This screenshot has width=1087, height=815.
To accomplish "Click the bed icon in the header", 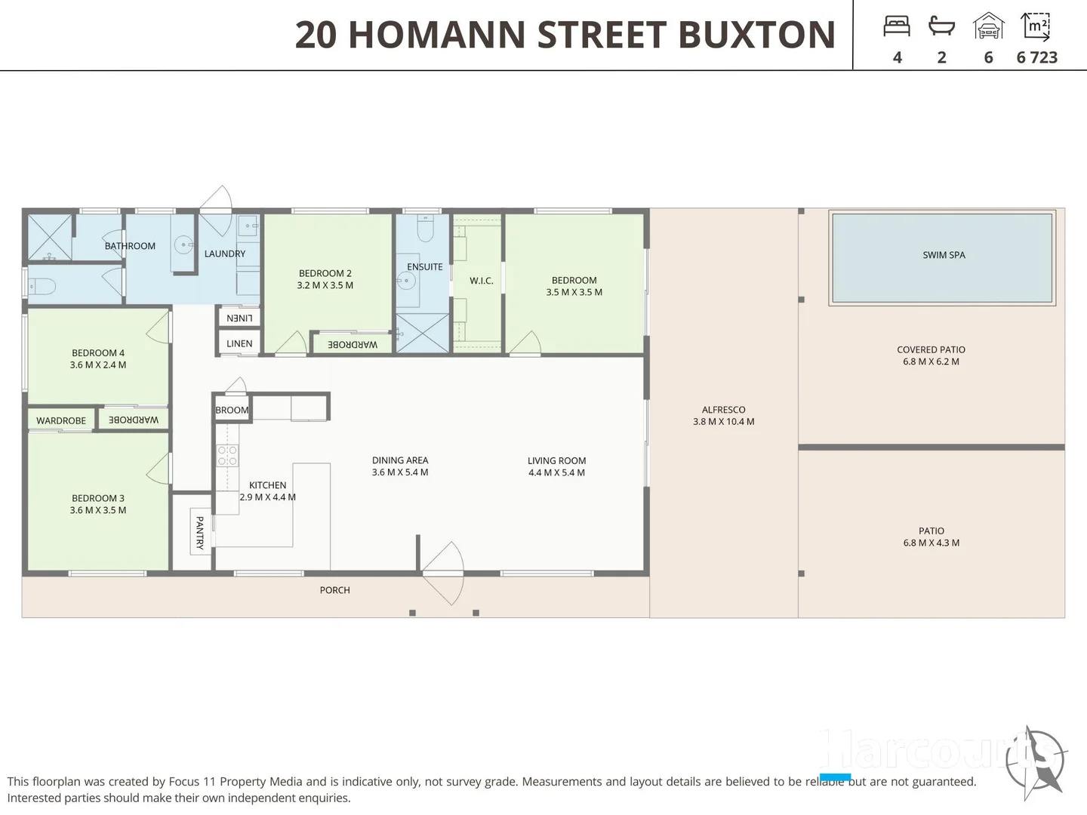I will coord(896,27).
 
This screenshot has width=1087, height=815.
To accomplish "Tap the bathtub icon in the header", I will coord(941,27).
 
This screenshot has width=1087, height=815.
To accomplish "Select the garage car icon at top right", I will coord(988,26).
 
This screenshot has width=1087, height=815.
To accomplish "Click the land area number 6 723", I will coord(1036,57).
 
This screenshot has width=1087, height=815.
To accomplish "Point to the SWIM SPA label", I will coord(944,255).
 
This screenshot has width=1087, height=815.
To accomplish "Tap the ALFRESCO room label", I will coord(723,410).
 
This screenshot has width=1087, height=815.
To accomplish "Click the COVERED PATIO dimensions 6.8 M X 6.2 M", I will coord(931,361).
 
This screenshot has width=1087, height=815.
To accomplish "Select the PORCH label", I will coord(334,590).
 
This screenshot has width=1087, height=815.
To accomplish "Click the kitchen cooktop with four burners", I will coord(228,456).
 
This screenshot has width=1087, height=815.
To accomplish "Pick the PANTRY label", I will coord(200,532).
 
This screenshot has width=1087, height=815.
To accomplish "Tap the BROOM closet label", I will coord(232,410).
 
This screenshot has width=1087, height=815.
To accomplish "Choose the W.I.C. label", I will coord(481,281).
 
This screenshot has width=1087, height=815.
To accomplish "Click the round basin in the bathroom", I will coord(183,244).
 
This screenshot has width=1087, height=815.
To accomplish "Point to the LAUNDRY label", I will coord(224,254).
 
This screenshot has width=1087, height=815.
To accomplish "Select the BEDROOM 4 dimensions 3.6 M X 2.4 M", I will coord(98,364).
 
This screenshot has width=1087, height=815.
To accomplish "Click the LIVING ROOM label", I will coord(556,460).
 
